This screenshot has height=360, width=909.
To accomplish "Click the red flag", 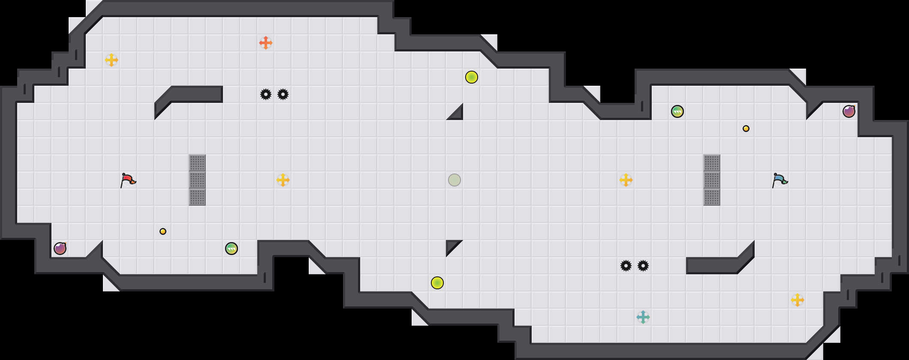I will point(128,180).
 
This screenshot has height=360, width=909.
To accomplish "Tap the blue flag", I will point(780,180).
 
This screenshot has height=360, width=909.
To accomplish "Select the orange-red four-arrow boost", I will point(266,43).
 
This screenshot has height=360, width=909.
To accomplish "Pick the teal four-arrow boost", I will point(643,317).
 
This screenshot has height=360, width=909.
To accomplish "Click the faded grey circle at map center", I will point(454,180).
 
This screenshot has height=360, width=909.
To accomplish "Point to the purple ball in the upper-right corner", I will point(849,111).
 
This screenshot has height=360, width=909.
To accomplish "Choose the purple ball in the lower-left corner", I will point(60,249).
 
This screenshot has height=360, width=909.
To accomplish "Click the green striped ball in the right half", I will point(677,111).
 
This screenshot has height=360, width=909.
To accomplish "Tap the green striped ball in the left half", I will point(232,249).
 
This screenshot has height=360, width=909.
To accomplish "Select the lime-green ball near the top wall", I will point(472,77).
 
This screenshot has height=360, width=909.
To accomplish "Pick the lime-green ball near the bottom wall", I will point(437,283).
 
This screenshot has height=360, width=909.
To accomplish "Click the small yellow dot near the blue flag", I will point(746,129).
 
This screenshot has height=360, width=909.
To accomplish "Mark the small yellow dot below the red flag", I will point(163,231).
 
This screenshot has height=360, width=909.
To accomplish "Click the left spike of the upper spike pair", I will point(266,94).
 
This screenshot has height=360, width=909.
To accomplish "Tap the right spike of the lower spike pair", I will point(643,266).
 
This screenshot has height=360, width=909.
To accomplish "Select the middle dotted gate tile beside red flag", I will point(197,180).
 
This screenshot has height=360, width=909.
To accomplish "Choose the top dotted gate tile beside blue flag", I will point(712,163).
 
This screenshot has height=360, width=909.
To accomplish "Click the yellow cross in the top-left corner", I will point(111,60).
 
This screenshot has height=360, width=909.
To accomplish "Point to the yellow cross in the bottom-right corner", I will point(798,300).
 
